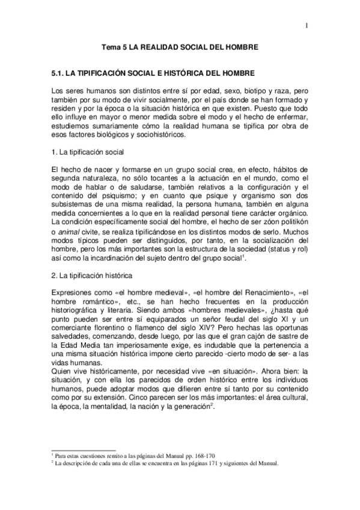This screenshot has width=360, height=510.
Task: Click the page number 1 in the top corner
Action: tap(306, 26)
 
